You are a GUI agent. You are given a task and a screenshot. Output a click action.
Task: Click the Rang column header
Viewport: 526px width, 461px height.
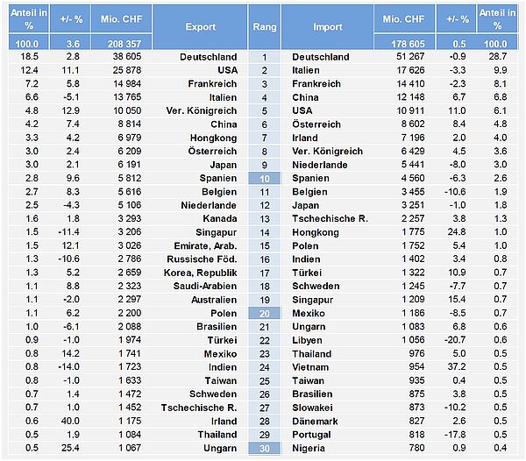coord(264,27)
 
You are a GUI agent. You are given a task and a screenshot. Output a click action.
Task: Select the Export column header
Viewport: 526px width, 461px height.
coord(201,27)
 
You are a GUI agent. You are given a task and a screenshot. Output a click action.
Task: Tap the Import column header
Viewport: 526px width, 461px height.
coord(328,27)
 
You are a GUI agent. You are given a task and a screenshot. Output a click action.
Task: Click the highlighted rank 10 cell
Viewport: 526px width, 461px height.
coord(264,178)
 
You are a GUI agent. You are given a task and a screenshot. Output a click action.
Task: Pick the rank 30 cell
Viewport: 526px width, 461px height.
coord(264,449)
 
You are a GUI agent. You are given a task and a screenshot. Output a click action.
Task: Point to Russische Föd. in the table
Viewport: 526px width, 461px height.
coord(202,259)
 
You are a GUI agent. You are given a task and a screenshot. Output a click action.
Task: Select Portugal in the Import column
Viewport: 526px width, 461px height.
coord(313,435)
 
